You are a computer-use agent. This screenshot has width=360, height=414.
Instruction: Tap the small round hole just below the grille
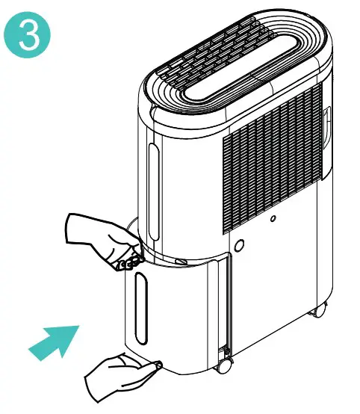coord(273,219)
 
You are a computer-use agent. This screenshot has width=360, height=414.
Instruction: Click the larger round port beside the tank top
coord(240,245)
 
